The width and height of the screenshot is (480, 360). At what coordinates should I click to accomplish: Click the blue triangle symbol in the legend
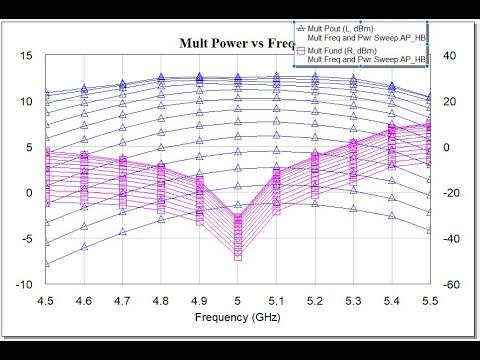pyautogui.click(x=300, y=26)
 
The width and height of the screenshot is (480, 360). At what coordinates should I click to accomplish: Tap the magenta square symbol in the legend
pyautogui.click(x=300, y=49)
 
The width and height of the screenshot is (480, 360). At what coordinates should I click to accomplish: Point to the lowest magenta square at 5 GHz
pyautogui.click(x=238, y=257)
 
